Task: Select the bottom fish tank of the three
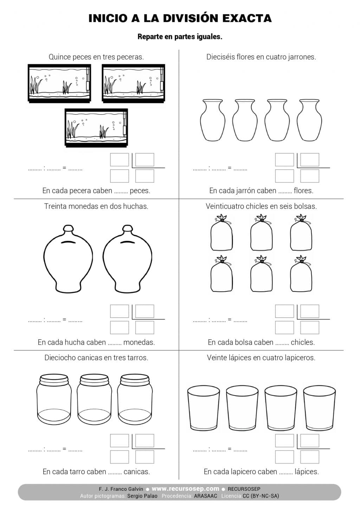[96, 128]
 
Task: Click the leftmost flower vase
[213, 120]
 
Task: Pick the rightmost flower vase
[309, 120]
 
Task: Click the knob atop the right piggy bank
[127, 229]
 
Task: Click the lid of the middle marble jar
[94, 379]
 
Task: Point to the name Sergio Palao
[142, 496]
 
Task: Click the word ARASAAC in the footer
[206, 496]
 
